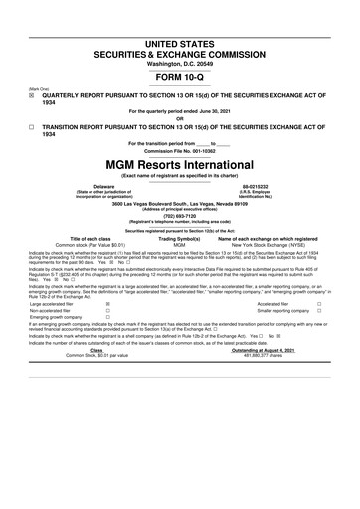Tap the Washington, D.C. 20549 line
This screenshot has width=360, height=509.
click(x=180, y=36)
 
